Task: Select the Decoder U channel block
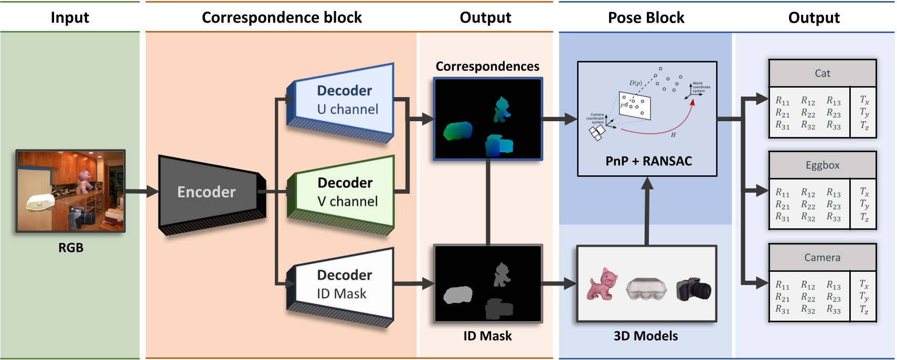point(344,100)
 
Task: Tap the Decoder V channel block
point(344,192)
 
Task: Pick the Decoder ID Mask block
point(344,284)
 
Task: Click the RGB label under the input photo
point(70,248)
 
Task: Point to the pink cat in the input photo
point(84,179)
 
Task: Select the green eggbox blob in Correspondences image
point(458,131)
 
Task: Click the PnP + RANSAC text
point(648,161)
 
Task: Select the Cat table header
point(822,73)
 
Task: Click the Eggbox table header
point(822,165)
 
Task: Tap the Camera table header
point(822,258)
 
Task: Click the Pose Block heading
point(646,18)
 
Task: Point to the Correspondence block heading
point(282,18)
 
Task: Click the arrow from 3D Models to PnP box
point(647,210)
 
